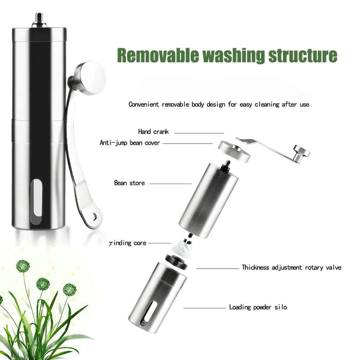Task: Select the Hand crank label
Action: [x=154, y=131]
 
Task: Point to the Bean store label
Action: [x=129, y=182]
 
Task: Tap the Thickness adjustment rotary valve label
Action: [x=291, y=267]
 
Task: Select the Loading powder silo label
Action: [x=258, y=307]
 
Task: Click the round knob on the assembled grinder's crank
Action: [x=90, y=77]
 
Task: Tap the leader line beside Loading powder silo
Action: [x=204, y=308]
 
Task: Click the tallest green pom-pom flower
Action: [x=23, y=265]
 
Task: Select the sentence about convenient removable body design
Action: [x=219, y=104]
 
